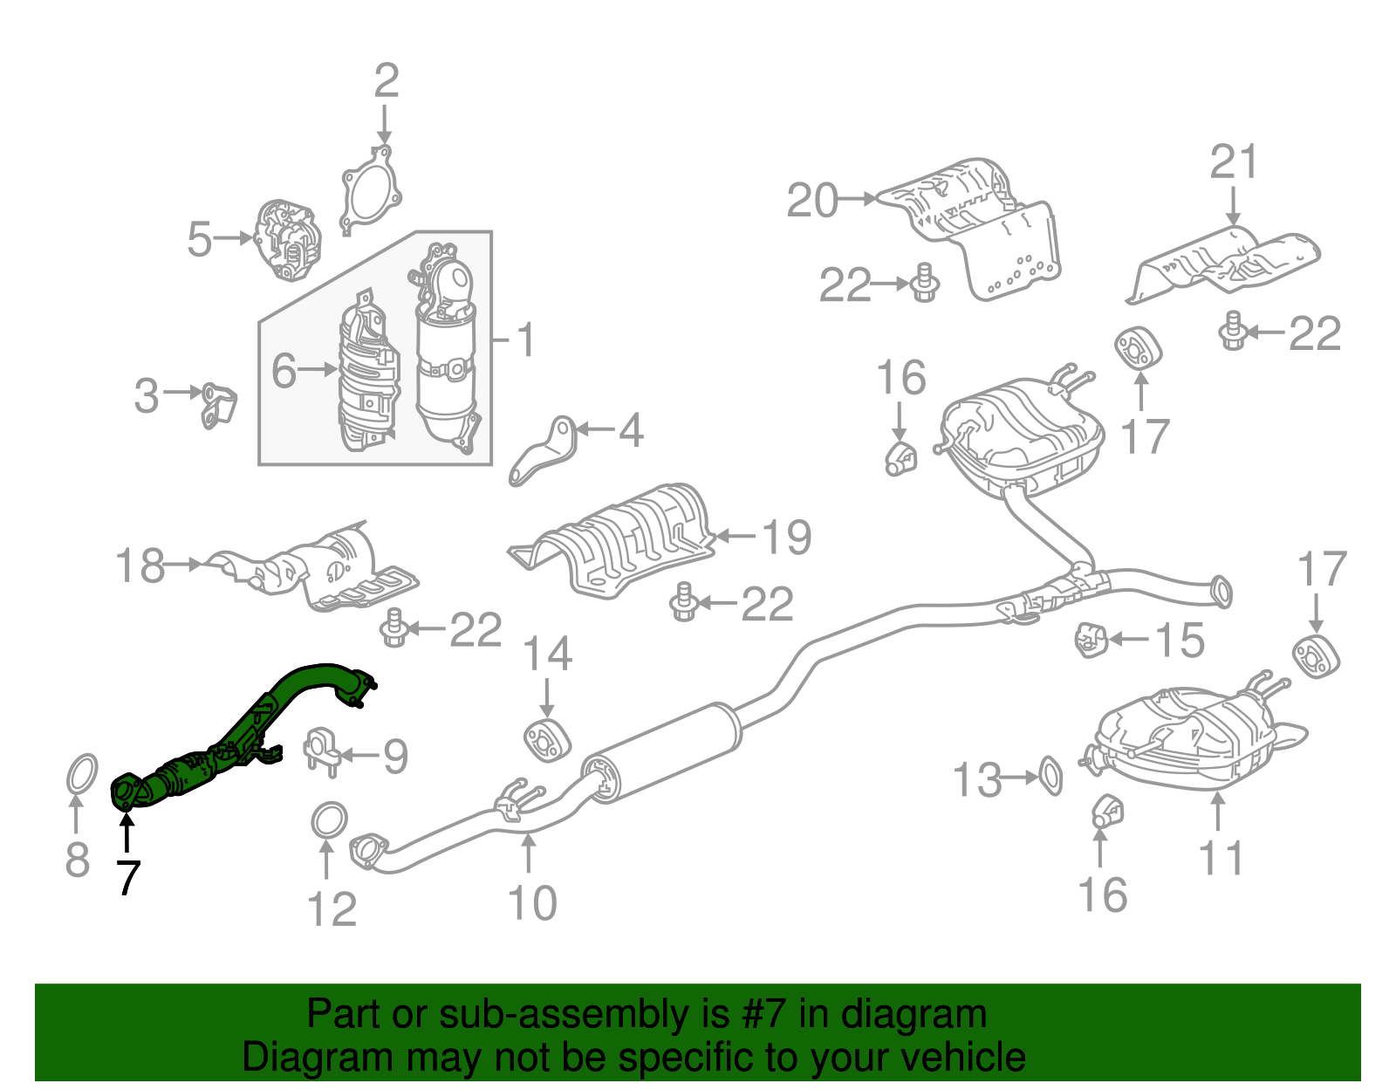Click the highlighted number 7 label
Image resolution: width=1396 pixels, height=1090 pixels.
tap(127, 876)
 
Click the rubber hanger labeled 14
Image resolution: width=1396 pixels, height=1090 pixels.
tap(546, 738)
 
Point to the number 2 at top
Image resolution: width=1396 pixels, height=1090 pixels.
tap(386, 80)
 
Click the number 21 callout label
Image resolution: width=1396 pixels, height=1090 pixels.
tap(1233, 161)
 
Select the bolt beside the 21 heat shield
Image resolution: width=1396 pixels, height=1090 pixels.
tap(1232, 331)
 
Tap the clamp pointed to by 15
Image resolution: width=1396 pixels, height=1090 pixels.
tap(1090, 640)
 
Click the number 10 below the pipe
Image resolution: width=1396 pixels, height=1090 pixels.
tap(531, 903)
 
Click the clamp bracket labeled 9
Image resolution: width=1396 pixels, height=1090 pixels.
tap(321, 750)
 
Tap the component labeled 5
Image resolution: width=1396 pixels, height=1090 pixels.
tap(286, 240)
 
